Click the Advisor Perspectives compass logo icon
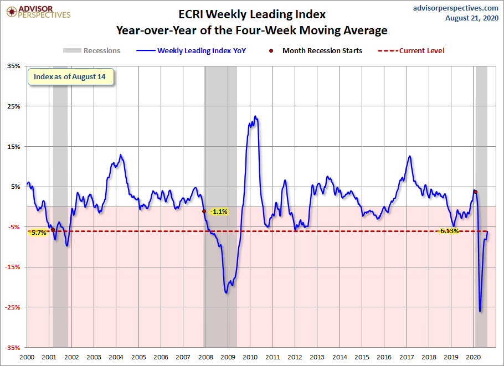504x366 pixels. pos(12,12)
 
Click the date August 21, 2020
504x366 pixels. pos(471,18)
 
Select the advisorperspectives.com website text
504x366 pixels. pos(455,8)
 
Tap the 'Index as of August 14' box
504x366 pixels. pos(71,77)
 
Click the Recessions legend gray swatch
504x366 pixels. pos(72,50)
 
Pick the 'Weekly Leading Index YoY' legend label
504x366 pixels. pos(202,51)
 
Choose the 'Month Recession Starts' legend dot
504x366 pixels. pos(271,50)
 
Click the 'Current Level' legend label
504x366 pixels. pos(421,51)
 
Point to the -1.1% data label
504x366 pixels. pos(219,212)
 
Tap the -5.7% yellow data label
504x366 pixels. pos(38,233)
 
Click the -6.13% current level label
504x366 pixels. pos(449,231)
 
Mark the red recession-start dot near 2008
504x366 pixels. pos(204,211)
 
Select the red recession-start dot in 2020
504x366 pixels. pos(475,192)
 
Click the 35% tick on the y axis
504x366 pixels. pos(13,66)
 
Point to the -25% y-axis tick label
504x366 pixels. pos(13,307)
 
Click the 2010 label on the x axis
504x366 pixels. pos(250,357)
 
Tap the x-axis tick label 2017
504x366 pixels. pos(407,357)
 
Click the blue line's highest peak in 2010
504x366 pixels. pos(255,116)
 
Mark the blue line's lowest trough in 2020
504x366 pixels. pos(480,311)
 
